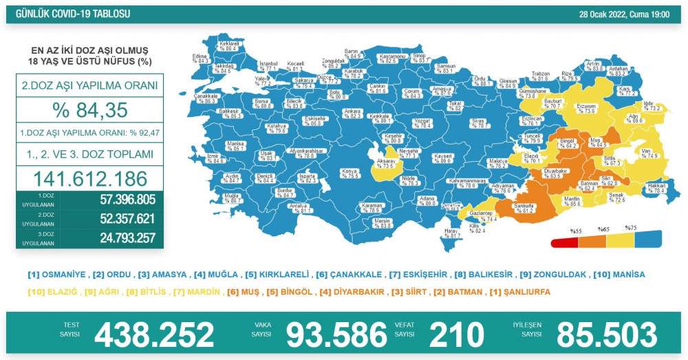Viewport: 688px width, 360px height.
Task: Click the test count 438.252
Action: click(154, 335)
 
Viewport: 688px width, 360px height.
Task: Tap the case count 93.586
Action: click(336, 335)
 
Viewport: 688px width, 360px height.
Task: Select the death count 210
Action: click(457, 335)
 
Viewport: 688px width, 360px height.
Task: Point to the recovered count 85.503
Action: click(607, 335)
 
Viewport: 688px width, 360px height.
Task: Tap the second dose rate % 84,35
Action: click(89, 109)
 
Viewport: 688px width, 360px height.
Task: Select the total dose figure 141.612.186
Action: click(89, 179)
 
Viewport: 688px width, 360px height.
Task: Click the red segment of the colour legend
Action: click(565, 242)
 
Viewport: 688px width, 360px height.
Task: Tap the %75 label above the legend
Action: click(630, 227)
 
